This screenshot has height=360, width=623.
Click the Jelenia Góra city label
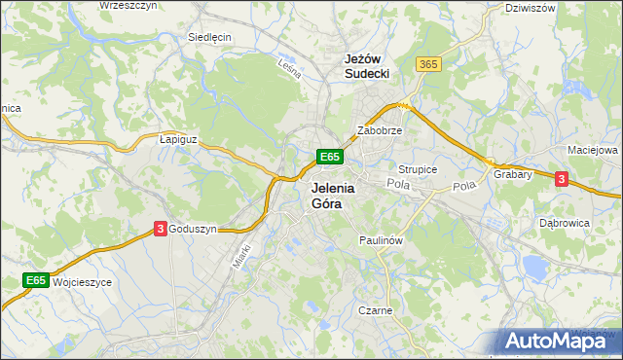[332, 195]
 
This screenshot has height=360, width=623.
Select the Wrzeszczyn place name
[128, 6]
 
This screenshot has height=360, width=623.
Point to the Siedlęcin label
[208, 38]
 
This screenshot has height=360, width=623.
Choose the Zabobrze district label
[380, 129]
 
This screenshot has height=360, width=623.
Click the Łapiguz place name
[178, 139]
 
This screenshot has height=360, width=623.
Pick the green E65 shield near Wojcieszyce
[36, 281]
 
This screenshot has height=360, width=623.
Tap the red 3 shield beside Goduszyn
[160, 229]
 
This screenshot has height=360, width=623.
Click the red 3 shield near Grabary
[561, 179]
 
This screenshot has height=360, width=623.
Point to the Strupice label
[418, 169]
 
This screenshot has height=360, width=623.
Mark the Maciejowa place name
[593, 151]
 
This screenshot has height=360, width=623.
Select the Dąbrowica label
[565, 223]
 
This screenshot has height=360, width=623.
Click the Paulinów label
[381, 239]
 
